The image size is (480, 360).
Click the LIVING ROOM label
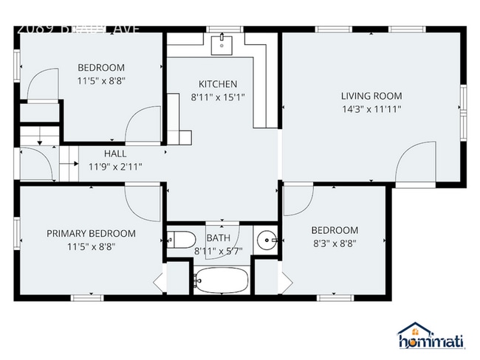[x=371, y=96]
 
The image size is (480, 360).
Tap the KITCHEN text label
[x=218, y=84]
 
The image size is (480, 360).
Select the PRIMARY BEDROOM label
[x=91, y=234]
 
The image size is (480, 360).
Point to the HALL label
[x=114, y=153]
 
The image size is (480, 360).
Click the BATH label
[x=218, y=238]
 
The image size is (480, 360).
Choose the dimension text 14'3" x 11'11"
[x=371, y=108]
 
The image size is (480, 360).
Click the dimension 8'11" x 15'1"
[x=218, y=97]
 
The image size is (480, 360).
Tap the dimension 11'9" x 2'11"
[x=115, y=166]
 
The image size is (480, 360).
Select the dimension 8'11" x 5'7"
[x=218, y=251]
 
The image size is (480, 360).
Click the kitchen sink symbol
[x=221, y=44]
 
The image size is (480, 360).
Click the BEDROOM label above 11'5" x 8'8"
[x=101, y=68]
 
